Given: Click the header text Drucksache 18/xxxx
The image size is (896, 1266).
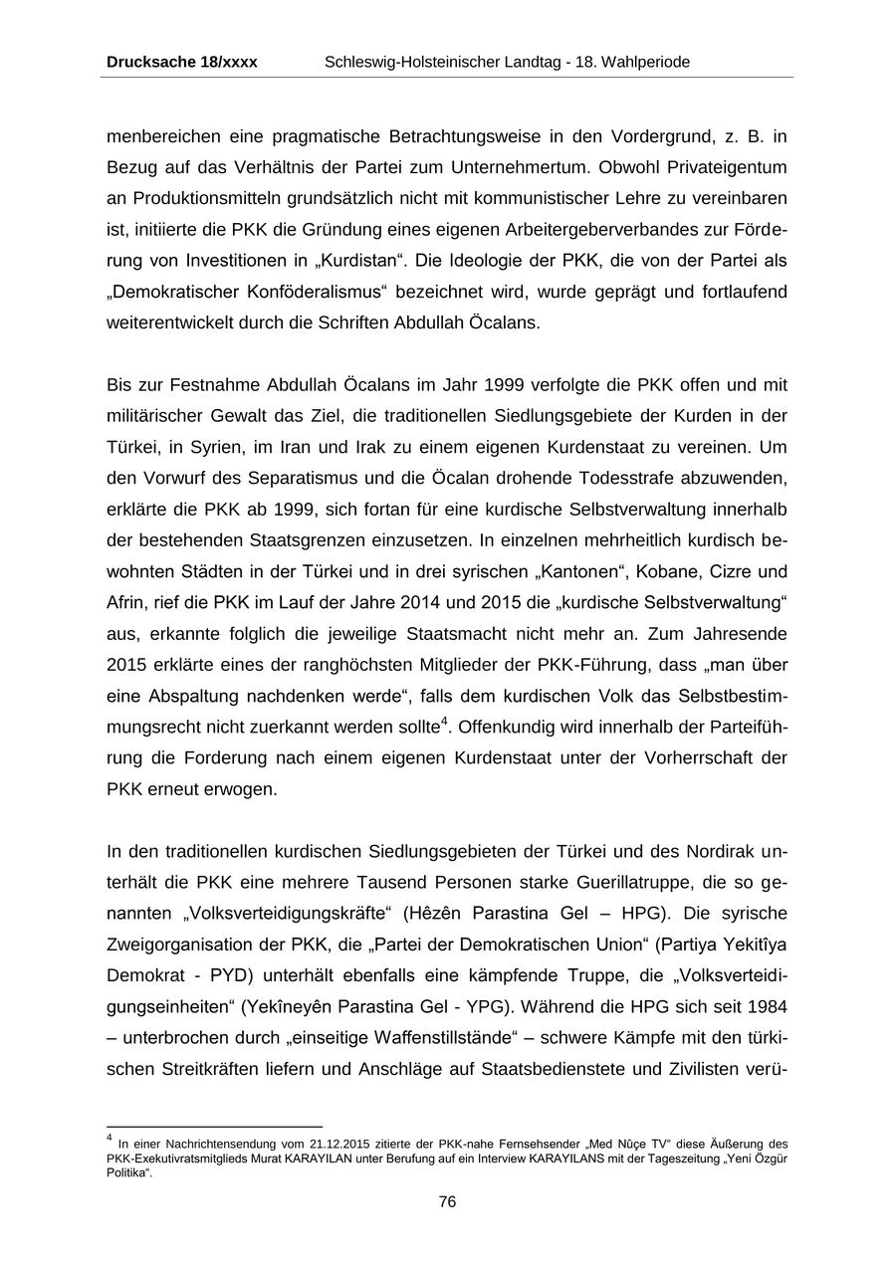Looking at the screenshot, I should tap(181, 62).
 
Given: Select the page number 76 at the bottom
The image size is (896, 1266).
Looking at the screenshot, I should tap(447, 1202).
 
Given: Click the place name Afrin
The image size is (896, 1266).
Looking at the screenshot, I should tap(125, 603).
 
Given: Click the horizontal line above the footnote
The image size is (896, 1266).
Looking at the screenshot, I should tap(214, 1128).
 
